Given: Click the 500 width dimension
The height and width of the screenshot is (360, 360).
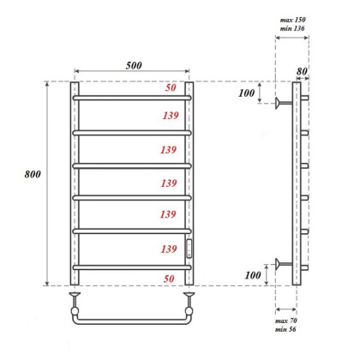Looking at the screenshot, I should pyautogui.click(x=132, y=63).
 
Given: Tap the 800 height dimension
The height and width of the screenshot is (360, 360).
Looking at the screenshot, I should pyautogui.click(x=32, y=174).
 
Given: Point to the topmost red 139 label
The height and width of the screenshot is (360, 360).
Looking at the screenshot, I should pyautogui.click(x=168, y=116).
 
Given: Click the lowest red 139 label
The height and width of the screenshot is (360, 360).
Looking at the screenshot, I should pyautogui.click(x=168, y=249).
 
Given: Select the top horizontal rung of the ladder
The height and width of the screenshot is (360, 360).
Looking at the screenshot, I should pyautogui.click(x=132, y=98).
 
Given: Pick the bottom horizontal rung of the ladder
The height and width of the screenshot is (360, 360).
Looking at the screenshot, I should pyautogui.click(x=132, y=266).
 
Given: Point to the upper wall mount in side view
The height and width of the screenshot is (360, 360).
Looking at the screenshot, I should pyautogui.click(x=282, y=104).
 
